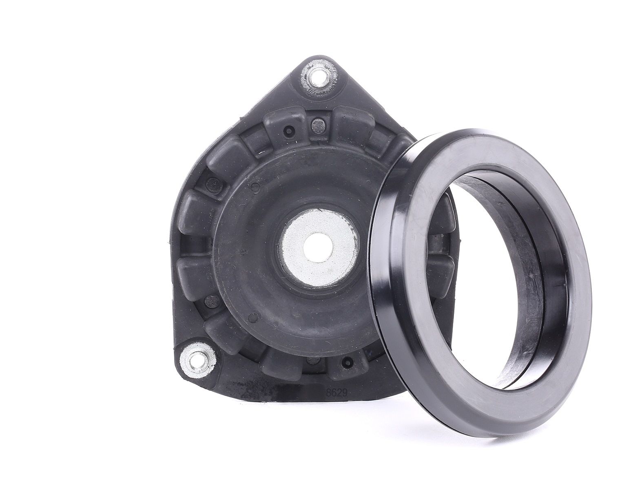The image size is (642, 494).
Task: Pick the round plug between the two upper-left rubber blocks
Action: [213, 185]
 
